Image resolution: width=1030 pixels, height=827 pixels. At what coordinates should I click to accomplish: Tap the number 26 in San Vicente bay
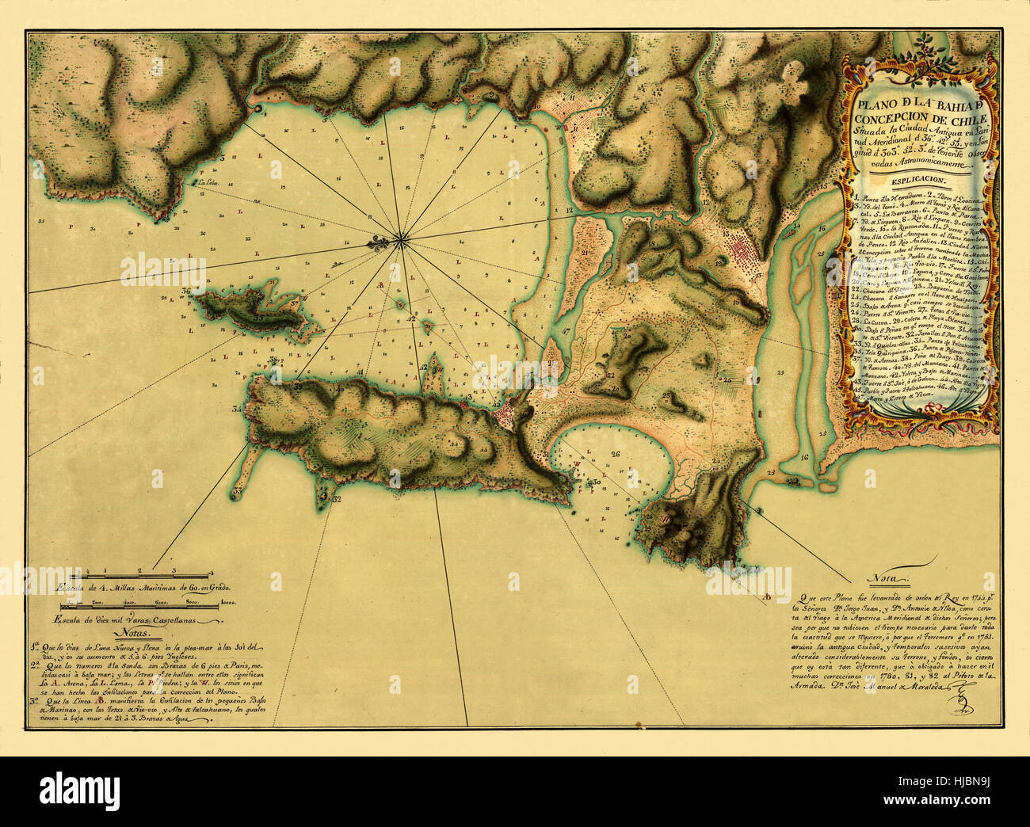coord(614,454)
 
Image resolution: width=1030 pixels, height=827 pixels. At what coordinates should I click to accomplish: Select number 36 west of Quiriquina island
coord(185,291)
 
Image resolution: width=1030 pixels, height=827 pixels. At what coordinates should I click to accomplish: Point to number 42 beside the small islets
coord(412,319)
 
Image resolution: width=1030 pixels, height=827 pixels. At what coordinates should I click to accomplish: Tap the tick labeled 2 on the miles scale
coord(139,570)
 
